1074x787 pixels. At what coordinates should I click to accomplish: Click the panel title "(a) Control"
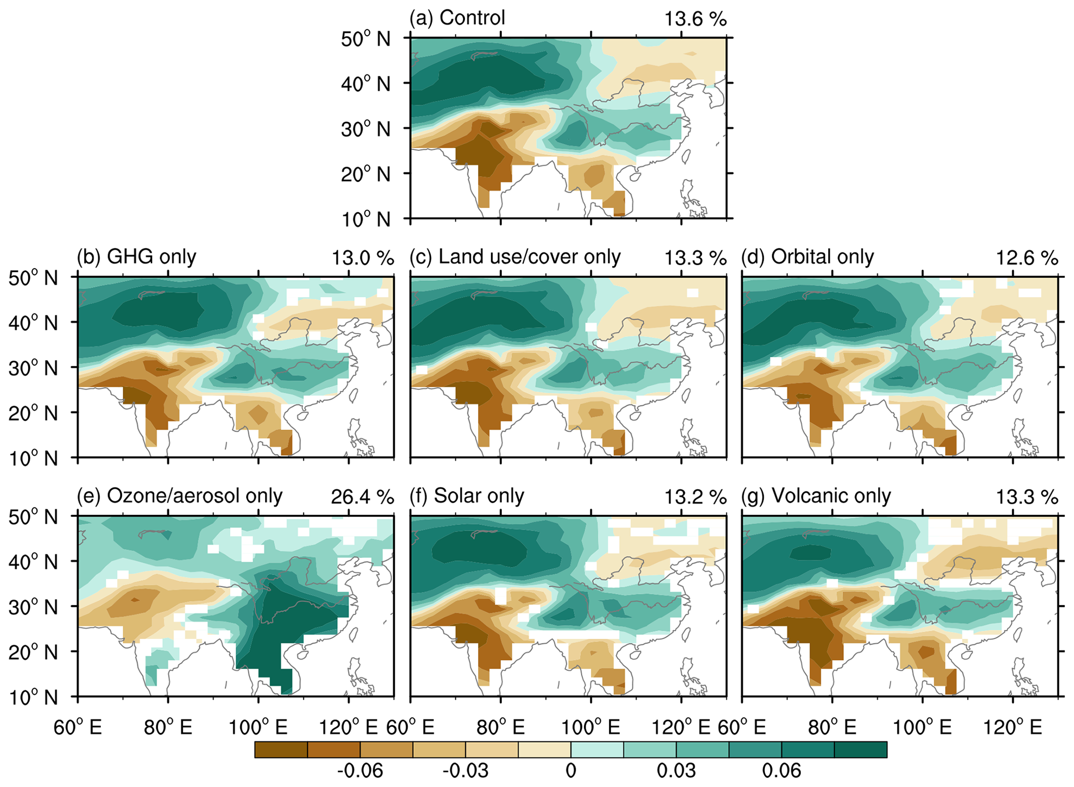pyautogui.click(x=457, y=18)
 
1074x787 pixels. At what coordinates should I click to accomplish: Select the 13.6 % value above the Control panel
pyautogui.click(x=695, y=19)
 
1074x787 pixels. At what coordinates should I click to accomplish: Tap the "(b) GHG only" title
pyautogui.click(x=137, y=257)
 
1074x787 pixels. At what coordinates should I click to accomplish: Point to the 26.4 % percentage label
pyautogui.click(x=362, y=497)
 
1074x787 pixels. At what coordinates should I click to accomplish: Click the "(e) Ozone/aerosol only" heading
pyautogui.click(x=179, y=496)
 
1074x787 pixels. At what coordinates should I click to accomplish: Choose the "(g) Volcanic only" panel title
pyautogui.click(x=816, y=496)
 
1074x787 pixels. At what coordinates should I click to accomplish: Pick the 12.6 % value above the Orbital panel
pyautogui.click(x=1027, y=258)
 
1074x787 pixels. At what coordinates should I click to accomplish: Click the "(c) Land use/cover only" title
pyautogui.click(x=515, y=257)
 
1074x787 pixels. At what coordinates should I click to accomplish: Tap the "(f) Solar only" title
pyautogui.click(x=467, y=496)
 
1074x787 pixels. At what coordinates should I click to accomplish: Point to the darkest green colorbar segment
pyautogui.click(x=860, y=750)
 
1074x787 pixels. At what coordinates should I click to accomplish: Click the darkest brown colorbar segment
pyautogui.click(x=281, y=750)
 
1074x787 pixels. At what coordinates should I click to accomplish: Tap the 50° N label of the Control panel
pyautogui.click(x=365, y=39)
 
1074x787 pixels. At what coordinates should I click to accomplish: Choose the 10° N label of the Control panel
pyautogui.click(x=365, y=219)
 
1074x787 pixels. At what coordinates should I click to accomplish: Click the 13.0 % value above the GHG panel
pyautogui.click(x=362, y=258)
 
